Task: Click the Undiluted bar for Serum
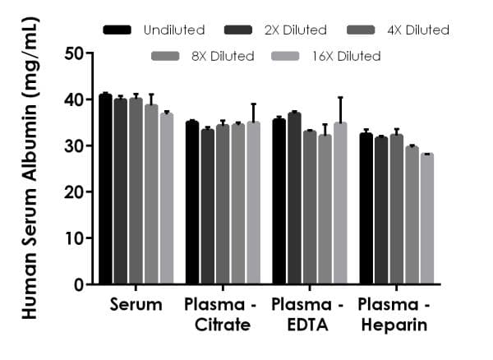click(x=105, y=190)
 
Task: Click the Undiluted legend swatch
click(x=118, y=30)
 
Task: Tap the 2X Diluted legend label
click(x=297, y=30)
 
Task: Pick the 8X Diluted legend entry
click(x=203, y=57)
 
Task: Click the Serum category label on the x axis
click(x=136, y=305)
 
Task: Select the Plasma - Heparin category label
click(x=392, y=315)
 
